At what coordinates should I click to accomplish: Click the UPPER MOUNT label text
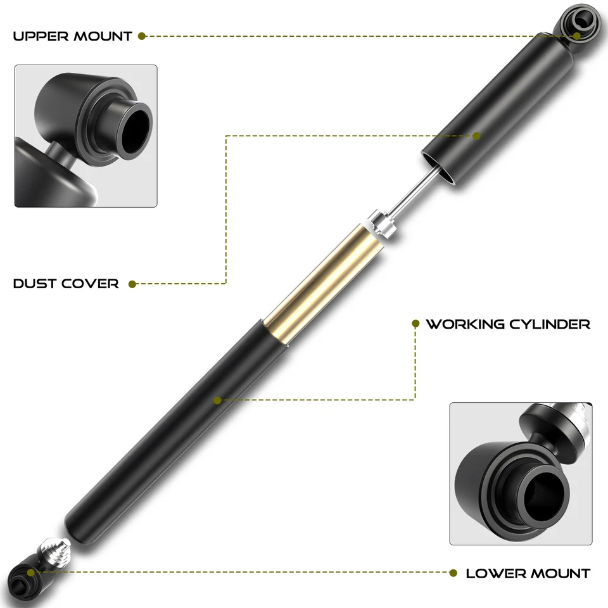pos(72,36)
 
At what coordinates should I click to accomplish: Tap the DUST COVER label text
pos(66,284)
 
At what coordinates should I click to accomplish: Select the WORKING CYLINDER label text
pos(508,324)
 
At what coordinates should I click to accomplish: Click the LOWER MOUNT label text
pos(528,573)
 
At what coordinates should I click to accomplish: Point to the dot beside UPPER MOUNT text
pos(142,36)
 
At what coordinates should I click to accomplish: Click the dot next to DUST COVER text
pos(132,284)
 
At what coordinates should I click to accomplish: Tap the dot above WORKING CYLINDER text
pos(415,323)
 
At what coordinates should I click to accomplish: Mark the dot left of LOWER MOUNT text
pos(453,573)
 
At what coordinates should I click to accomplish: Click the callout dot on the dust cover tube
pos(477,135)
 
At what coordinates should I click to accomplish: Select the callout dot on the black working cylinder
pos(217,400)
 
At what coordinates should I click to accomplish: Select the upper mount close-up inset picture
pos(85,136)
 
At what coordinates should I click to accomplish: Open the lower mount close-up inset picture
pos(521,473)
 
